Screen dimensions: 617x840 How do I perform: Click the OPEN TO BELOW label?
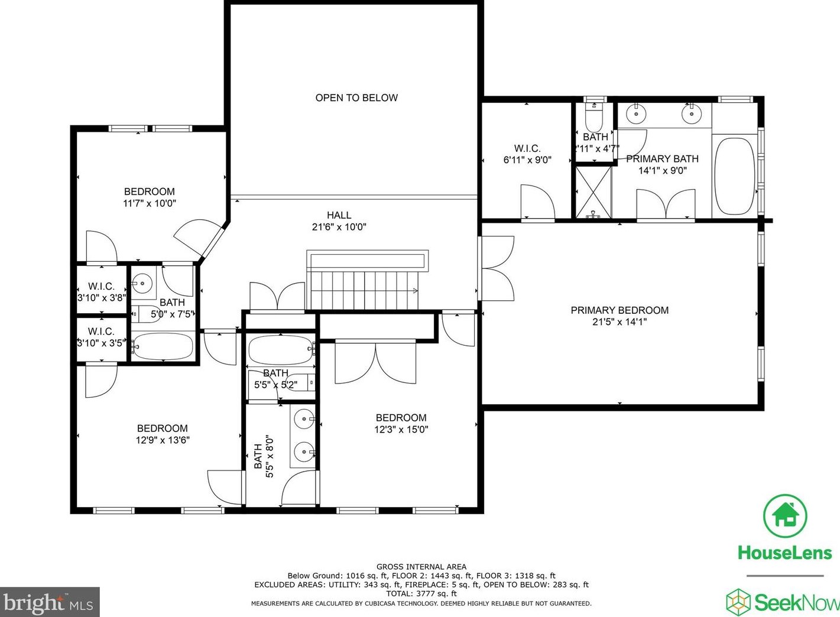pos(356,98)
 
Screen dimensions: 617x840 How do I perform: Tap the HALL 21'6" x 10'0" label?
pos(339,221)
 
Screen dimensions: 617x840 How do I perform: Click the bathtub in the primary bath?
pos(735,176)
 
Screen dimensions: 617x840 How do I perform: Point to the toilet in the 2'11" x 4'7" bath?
pos(593,121)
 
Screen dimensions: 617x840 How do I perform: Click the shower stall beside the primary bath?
pos(593,192)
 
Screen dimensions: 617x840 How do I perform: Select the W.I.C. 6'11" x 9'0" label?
pos(527,154)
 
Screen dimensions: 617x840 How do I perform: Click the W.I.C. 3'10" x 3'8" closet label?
pos(101,292)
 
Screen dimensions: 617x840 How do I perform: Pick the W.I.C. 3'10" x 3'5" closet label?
pos(101,337)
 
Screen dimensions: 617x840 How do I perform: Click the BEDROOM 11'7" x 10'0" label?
pos(150,197)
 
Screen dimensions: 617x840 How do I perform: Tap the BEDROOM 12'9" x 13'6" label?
pos(163,434)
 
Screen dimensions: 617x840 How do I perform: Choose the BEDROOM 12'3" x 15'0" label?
pos(401,423)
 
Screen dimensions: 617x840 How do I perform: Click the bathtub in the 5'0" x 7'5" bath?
pos(163,346)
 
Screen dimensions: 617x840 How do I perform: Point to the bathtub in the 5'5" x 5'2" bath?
pos(280,350)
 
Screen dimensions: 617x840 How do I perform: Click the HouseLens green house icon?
pos(784,516)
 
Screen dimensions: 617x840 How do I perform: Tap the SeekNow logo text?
pos(795,603)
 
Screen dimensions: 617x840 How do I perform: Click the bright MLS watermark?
pos(49,603)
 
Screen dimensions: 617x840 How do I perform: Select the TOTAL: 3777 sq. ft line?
pos(421,593)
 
